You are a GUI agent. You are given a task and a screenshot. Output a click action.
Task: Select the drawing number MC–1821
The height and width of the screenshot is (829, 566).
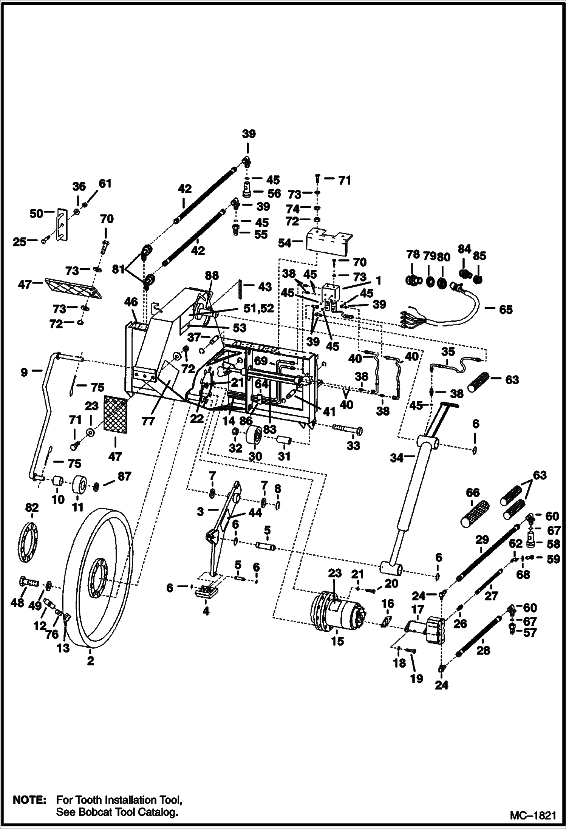[533, 815]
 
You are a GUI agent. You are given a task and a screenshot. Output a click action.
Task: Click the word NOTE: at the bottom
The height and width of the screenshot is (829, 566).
[29, 800]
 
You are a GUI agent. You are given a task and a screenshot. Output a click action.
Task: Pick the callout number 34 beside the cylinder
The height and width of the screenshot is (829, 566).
[397, 458]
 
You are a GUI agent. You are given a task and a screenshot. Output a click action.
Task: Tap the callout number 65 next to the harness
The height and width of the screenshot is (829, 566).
[506, 309]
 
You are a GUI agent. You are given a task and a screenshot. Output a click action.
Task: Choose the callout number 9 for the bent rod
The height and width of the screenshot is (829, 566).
[24, 372]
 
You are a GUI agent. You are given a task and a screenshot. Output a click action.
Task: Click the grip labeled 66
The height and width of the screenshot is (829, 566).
[475, 513]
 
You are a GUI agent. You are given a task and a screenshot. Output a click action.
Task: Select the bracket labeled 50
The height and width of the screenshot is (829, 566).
[61, 224]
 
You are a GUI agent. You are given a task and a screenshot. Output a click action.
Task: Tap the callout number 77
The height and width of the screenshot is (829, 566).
[148, 421]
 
